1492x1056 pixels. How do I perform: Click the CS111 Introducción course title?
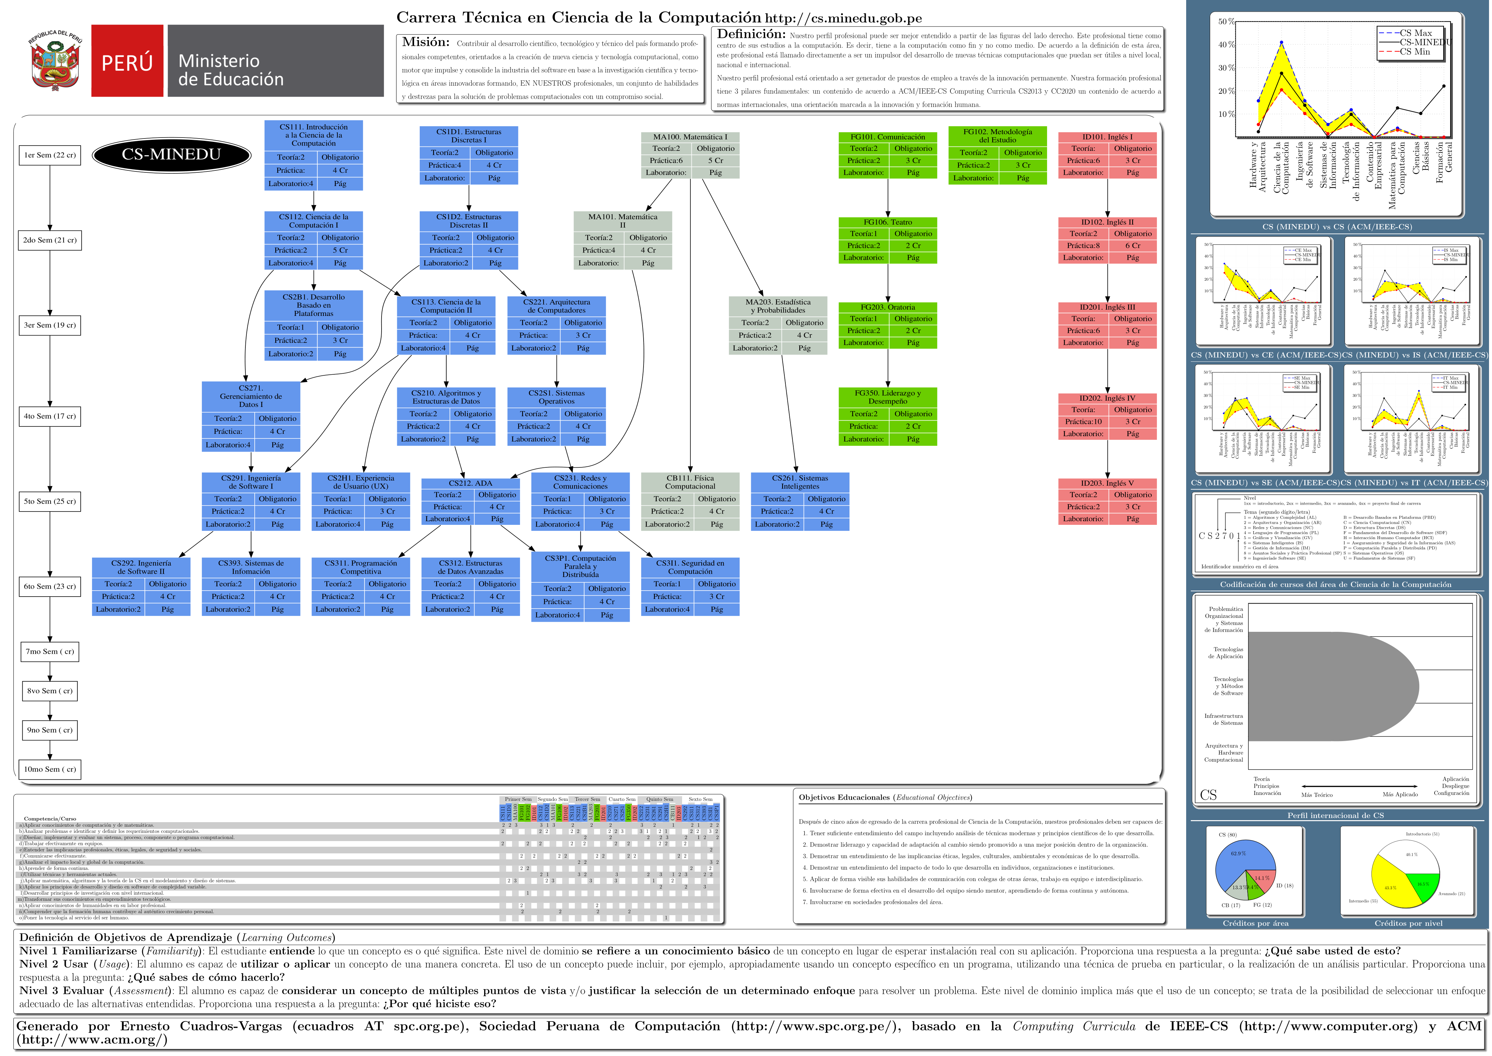(313, 135)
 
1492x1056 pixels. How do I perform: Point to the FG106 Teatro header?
(887, 222)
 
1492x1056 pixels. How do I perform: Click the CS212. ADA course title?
(470, 483)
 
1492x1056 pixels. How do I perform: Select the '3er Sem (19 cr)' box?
(49, 325)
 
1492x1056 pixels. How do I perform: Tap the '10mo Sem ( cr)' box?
(49, 769)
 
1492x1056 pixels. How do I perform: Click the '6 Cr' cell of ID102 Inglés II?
(1132, 246)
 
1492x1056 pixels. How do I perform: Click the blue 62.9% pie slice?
(1242, 858)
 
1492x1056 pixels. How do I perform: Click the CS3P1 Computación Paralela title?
(580, 566)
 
